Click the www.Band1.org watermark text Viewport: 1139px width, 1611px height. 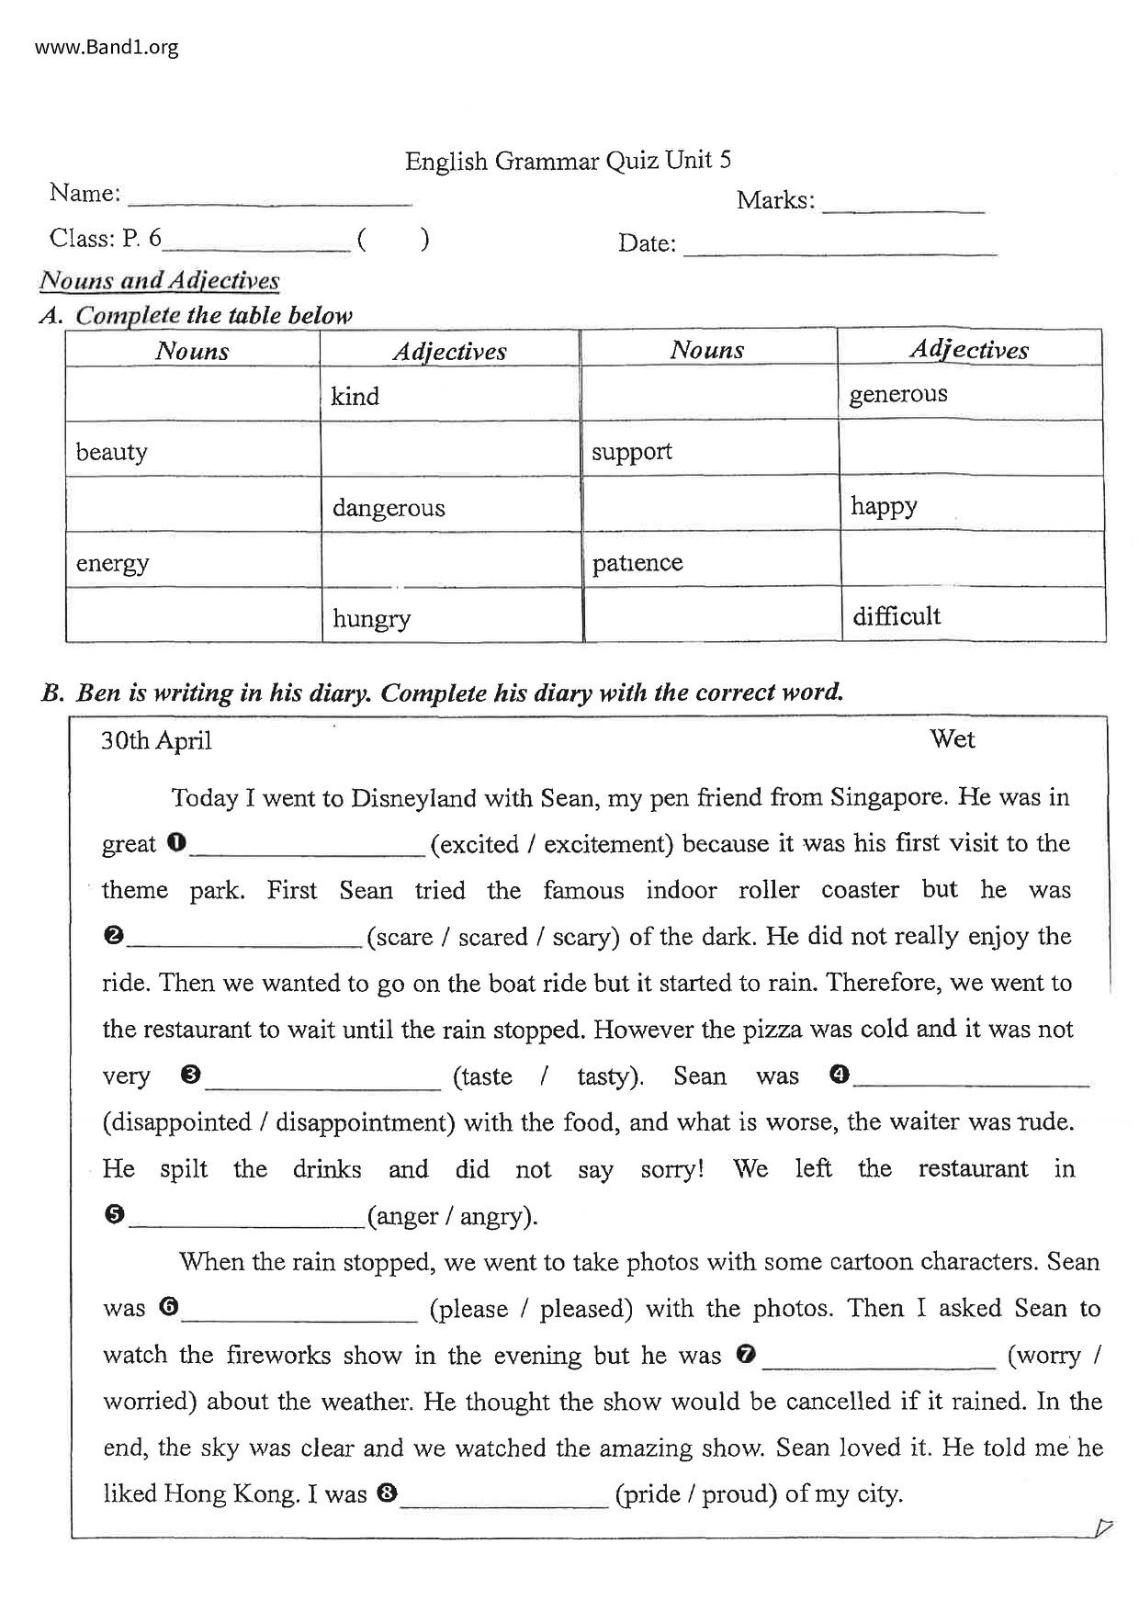[x=107, y=47]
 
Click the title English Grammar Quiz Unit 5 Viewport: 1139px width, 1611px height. [x=568, y=161]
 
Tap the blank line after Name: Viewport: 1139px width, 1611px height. [x=270, y=197]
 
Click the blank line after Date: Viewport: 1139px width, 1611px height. [x=840, y=247]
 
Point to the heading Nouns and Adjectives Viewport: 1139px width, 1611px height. [x=160, y=280]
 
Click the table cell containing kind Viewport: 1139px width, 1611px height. [x=449, y=395]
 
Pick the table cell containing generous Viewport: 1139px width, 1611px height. [x=969, y=393]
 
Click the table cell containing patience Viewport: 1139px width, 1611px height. [x=710, y=561]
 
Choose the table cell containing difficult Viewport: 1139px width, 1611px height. [x=972, y=615]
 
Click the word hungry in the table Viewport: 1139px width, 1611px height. [x=371, y=618]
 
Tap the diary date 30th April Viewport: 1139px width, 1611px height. [x=156, y=740]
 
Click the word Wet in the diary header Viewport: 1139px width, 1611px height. [x=952, y=738]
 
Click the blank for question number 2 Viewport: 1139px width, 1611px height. [x=246, y=937]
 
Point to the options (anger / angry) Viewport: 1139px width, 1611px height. [x=452, y=1216]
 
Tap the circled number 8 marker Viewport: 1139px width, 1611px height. [x=386, y=1493]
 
